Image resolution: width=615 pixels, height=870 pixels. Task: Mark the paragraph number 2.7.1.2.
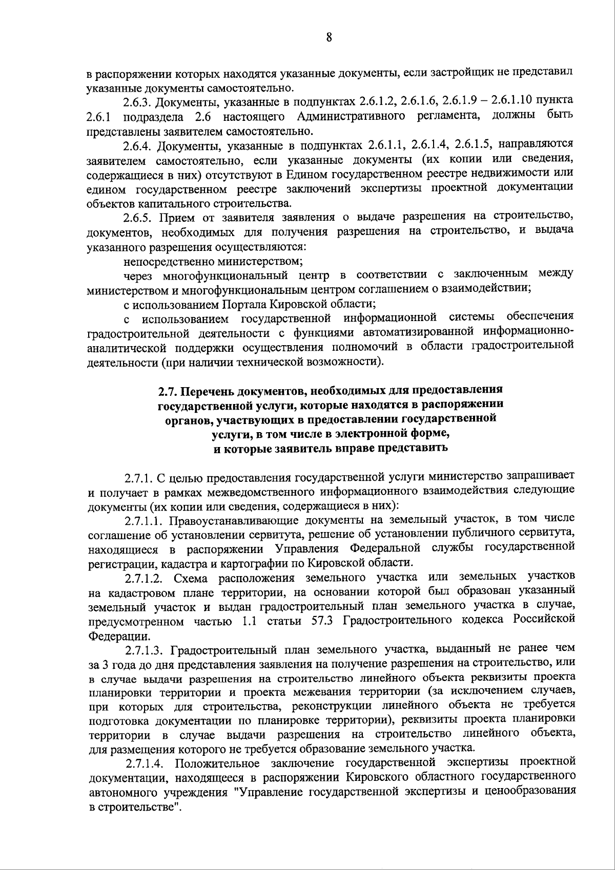143,578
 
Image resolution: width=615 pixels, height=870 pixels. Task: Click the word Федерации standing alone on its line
113,637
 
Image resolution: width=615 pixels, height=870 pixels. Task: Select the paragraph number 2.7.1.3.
143,651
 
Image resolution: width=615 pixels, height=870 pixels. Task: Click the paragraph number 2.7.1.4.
144,763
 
